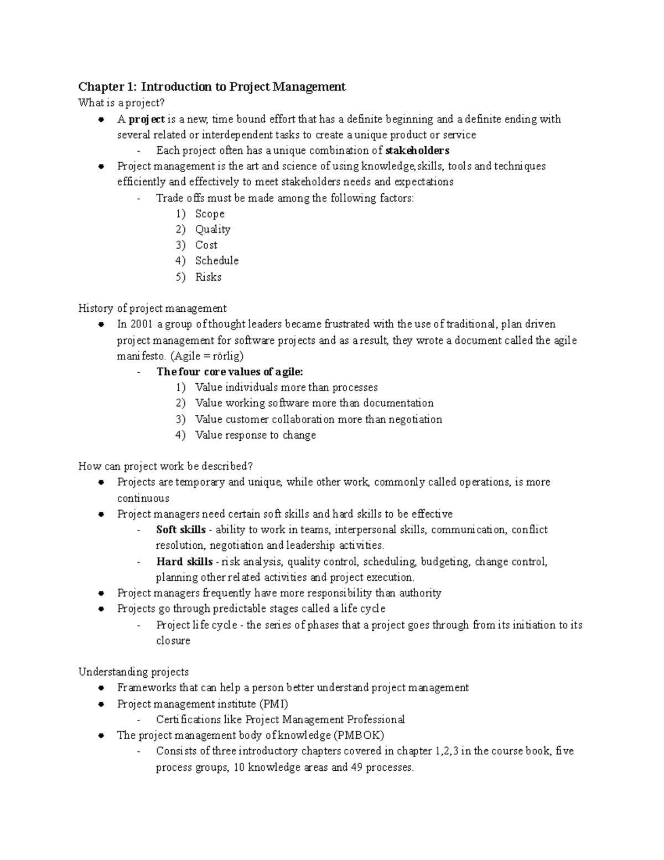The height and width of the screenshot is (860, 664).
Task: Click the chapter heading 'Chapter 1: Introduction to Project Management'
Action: pyautogui.click(x=212, y=86)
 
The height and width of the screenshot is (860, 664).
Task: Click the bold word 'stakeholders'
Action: pyautogui.click(x=417, y=151)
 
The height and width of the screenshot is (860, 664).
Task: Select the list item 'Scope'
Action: pyautogui.click(x=210, y=214)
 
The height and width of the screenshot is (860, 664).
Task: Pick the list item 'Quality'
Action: pyautogui.click(x=212, y=229)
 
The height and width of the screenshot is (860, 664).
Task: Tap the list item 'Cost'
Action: pyautogui.click(x=206, y=245)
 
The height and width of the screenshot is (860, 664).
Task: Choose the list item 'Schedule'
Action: pyautogui.click(x=217, y=260)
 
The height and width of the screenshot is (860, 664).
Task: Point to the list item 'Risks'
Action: pyautogui.click(x=208, y=277)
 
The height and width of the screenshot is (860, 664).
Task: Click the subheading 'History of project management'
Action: pyautogui.click(x=152, y=308)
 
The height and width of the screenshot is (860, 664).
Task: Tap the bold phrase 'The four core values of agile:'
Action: pyautogui.click(x=230, y=372)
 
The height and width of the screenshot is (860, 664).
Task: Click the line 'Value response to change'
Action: pyautogui.click(x=256, y=435)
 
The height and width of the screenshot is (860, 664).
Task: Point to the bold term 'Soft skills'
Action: pyautogui.click(x=181, y=529)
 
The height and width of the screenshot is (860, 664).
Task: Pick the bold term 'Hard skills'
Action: pyautogui.click(x=184, y=562)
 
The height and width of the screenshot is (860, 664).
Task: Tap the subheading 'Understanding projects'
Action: pyautogui.click(x=133, y=672)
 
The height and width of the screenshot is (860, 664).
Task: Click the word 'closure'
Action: pyautogui.click(x=173, y=641)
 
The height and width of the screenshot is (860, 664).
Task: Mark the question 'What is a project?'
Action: pyautogui.click(x=122, y=103)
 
